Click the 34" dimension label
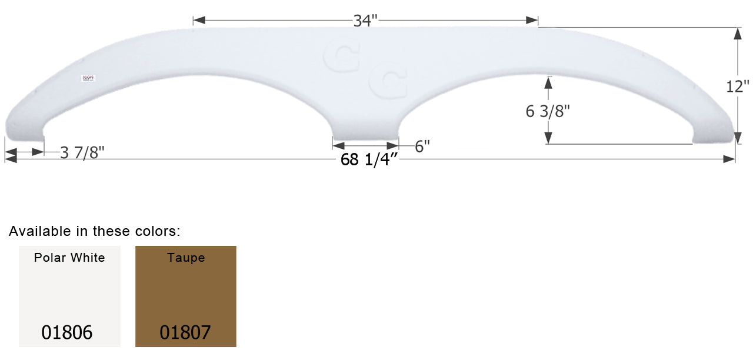coord(365,21)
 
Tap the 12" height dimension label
coord(738,86)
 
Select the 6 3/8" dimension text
coord(548,111)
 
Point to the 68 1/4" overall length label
coord(370,160)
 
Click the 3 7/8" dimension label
coord(82,152)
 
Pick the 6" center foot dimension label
coord(422,146)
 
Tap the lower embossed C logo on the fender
coord(389,82)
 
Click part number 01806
coord(67,333)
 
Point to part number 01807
coord(185,333)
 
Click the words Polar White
coord(69,258)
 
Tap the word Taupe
coord(186,258)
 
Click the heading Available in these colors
coord(95,232)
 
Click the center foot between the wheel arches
coord(365,126)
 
